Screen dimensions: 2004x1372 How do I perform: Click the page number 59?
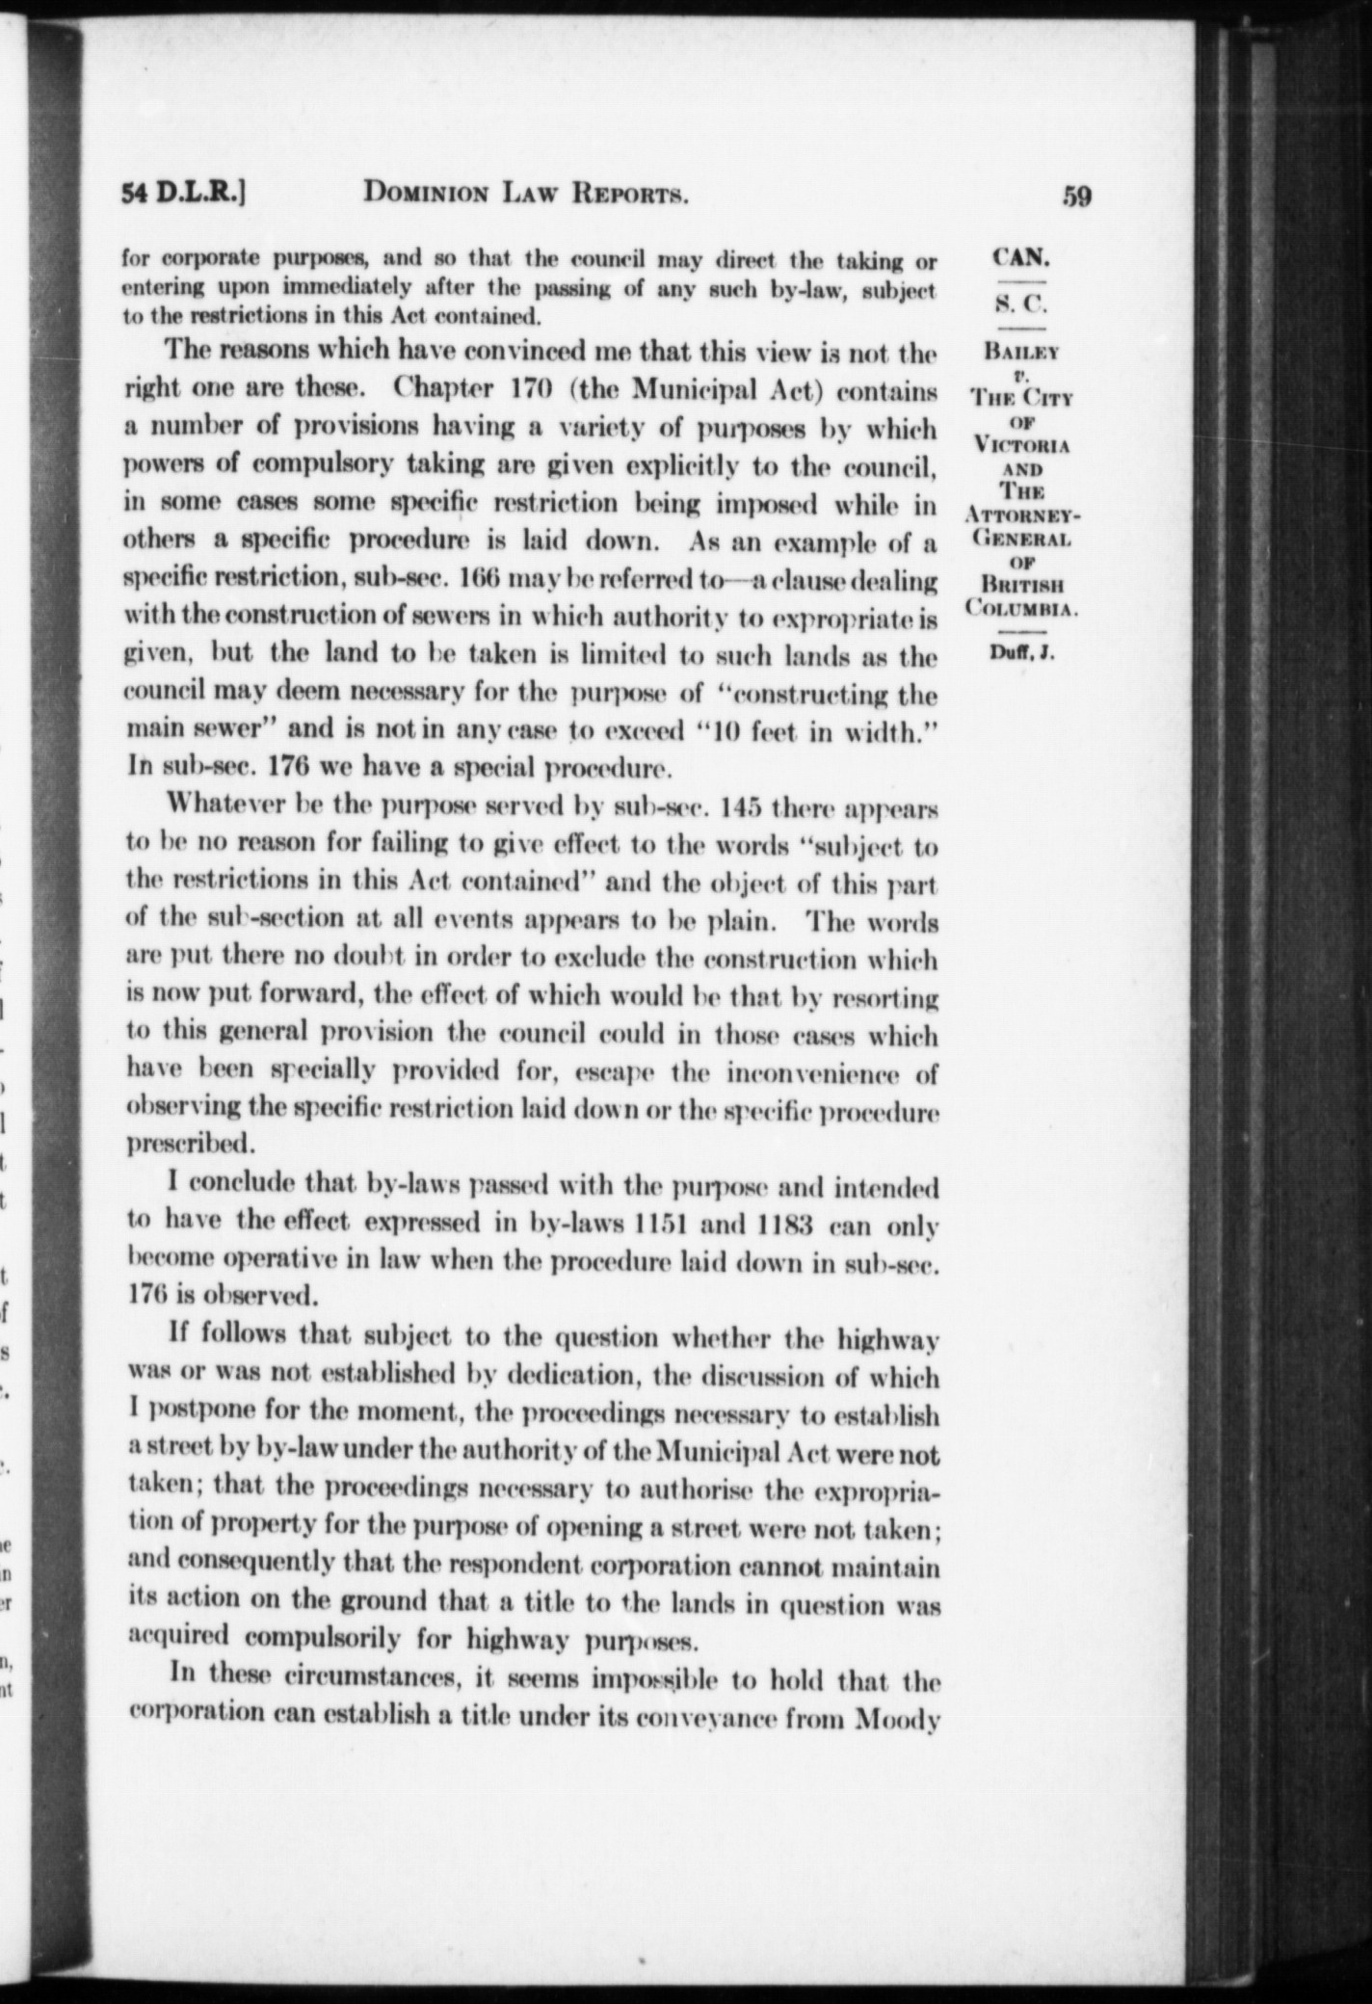tap(1076, 197)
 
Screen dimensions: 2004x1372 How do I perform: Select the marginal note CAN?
tap(1020, 257)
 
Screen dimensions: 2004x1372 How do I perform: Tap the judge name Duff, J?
tap(1020, 652)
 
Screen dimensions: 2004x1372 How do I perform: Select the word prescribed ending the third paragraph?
tap(191, 1146)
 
